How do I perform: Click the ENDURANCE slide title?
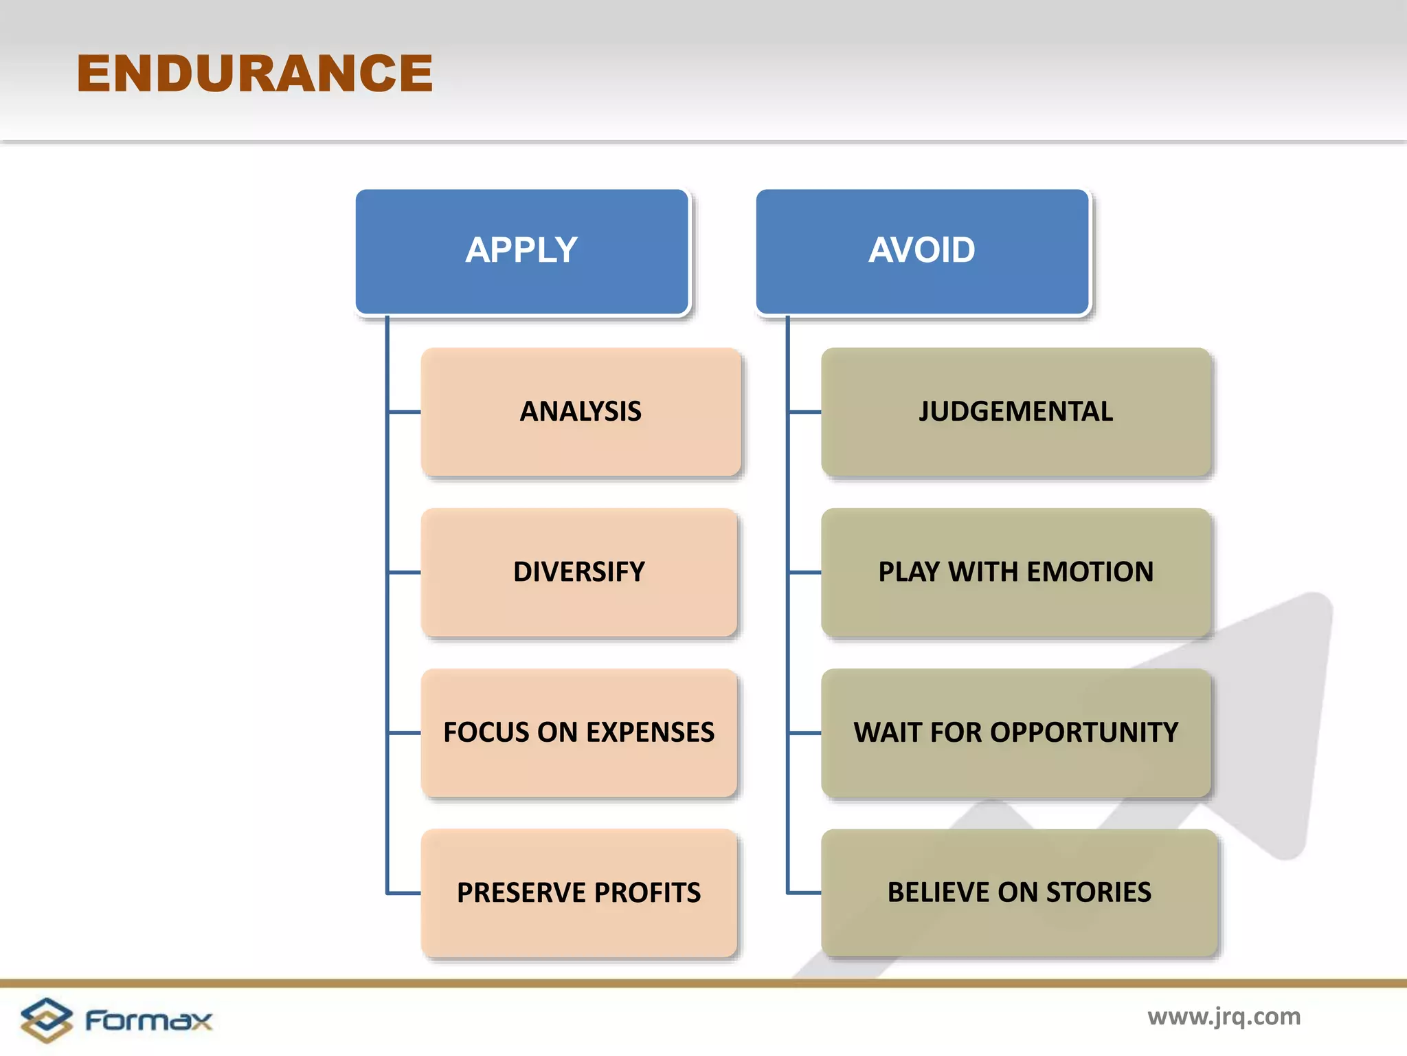pos(255,74)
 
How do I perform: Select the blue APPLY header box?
pos(521,252)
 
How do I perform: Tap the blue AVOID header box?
pos(922,252)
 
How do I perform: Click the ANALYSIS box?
pos(581,412)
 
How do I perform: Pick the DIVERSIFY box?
pos(579,572)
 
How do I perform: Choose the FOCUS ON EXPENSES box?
pos(579,733)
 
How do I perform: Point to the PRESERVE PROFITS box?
pos(579,893)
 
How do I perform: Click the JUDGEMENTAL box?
pos(1015,412)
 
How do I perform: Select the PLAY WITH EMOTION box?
pos(1015,572)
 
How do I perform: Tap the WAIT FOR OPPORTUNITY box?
pos(1015,733)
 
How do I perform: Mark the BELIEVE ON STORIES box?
pos(1019,893)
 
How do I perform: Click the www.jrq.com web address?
pos(1224,1017)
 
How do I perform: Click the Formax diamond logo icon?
pos(46,1020)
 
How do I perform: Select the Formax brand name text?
pos(148,1020)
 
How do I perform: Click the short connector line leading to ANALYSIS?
pos(405,412)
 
